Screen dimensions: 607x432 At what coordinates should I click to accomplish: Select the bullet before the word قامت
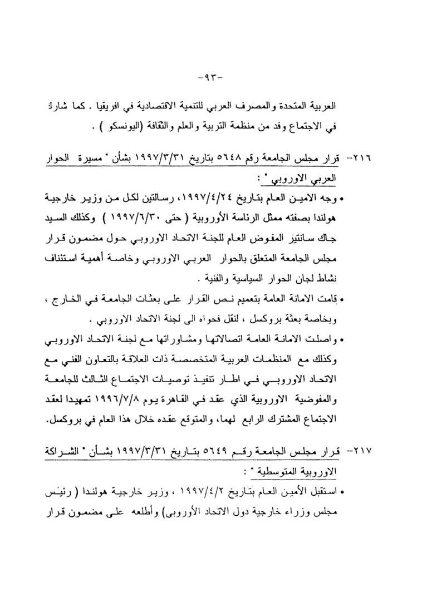point(341,304)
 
